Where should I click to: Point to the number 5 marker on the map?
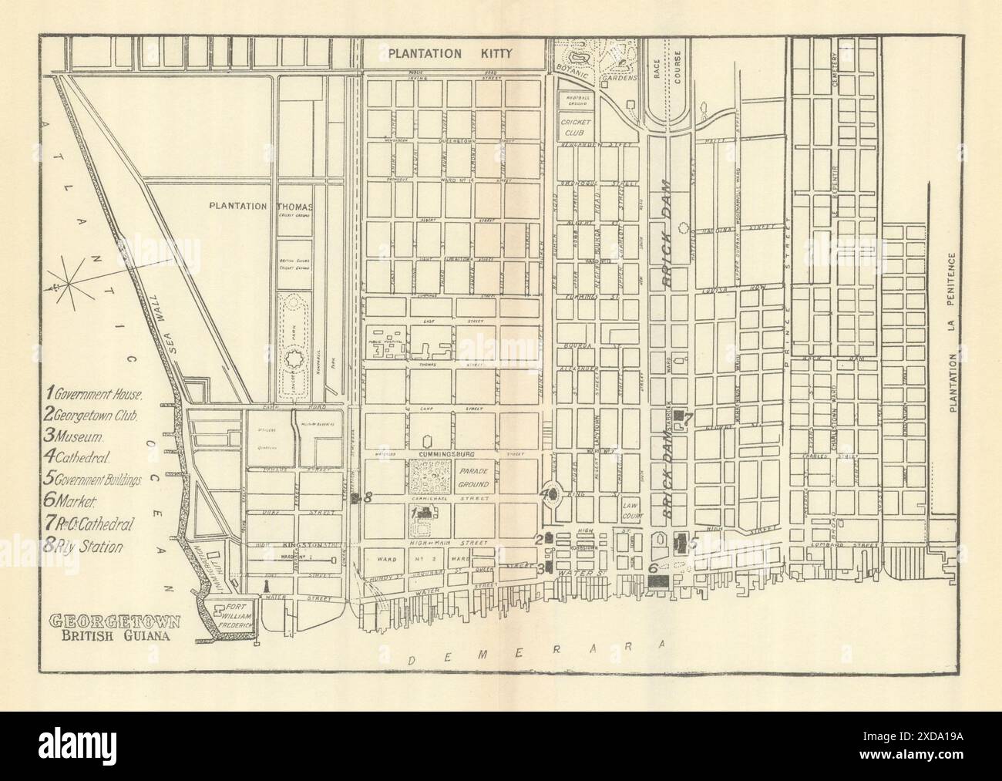pos(692,543)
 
